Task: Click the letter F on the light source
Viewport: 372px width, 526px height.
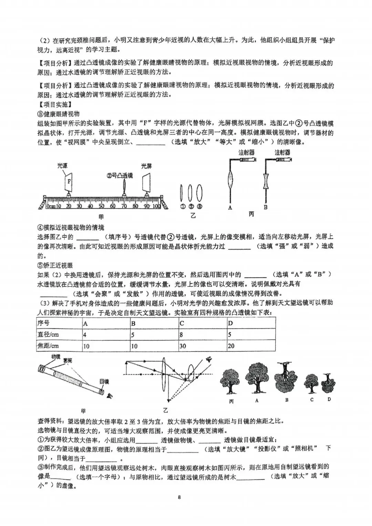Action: [69, 181]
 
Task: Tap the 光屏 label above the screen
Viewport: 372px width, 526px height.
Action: [146, 166]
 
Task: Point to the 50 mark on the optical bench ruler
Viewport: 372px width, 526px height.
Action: [101, 206]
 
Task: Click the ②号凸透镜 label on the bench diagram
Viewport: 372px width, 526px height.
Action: [120, 175]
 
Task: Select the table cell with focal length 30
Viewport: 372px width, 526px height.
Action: [203, 345]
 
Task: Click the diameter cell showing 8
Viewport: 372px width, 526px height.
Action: [203, 334]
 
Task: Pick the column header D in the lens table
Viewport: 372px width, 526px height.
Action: [251, 323]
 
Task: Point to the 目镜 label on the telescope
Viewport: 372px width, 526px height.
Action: [104, 381]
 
